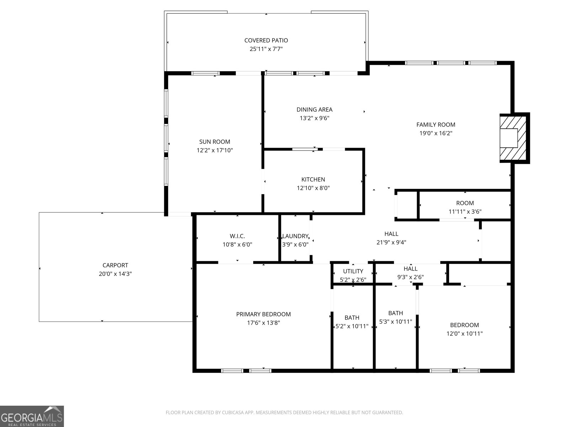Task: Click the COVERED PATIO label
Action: [x=266, y=41]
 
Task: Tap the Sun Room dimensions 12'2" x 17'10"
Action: [x=214, y=151]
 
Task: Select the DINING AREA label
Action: [x=314, y=110]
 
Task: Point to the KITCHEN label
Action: [x=313, y=180]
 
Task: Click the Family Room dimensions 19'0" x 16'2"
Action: [x=436, y=133]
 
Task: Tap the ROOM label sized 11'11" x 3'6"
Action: [x=465, y=203]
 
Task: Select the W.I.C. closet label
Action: [x=237, y=236]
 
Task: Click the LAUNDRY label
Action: [x=295, y=236]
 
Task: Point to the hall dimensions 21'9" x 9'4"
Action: [x=391, y=243]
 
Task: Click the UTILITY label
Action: [x=353, y=272]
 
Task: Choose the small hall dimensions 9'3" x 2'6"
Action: [x=410, y=277]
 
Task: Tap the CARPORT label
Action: [x=115, y=265]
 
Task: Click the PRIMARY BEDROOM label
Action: [x=263, y=315]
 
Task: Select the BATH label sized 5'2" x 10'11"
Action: [x=352, y=318]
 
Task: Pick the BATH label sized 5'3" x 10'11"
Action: [x=395, y=313]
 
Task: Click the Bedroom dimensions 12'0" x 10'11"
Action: [x=464, y=334]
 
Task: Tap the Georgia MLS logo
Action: [x=32, y=416]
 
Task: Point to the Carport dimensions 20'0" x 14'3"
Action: [x=115, y=274]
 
